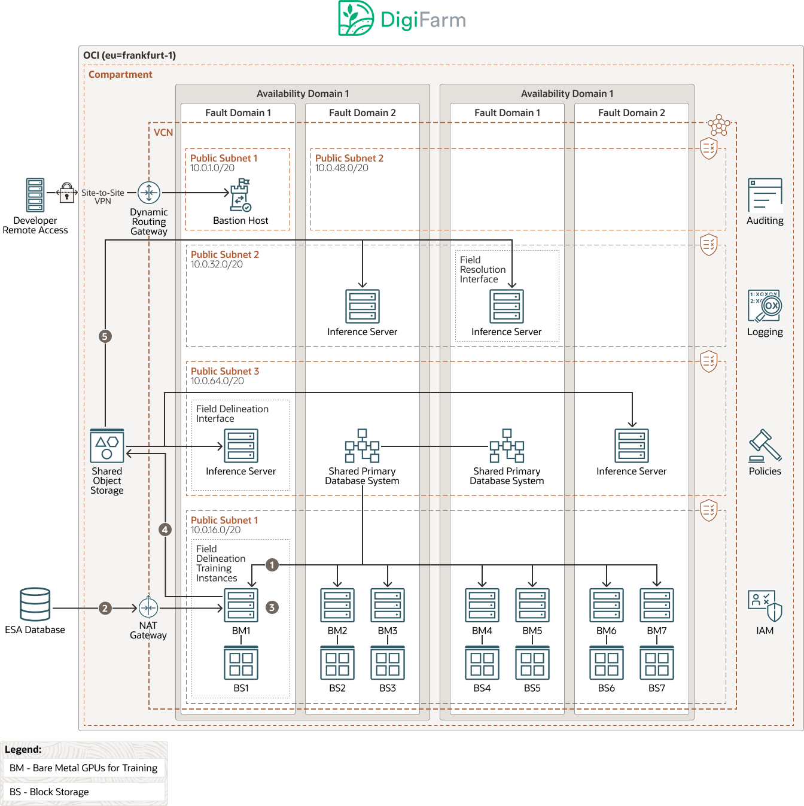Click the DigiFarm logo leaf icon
(356, 18)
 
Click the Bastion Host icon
(240, 195)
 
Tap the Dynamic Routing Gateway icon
(149, 193)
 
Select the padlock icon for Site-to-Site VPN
(67, 192)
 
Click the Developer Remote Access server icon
(35, 195)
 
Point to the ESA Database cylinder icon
(35, 604)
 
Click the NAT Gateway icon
(148, 608)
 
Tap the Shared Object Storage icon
(107, 446)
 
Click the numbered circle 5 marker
(105, 336)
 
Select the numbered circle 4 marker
(165, 530)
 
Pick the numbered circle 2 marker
(105, 609)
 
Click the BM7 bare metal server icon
(657, 606)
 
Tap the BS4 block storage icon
(482, 663)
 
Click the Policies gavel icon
(765, 446)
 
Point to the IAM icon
(765, 606)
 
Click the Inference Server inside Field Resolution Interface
(507, 306)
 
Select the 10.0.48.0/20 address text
(342, 168)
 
